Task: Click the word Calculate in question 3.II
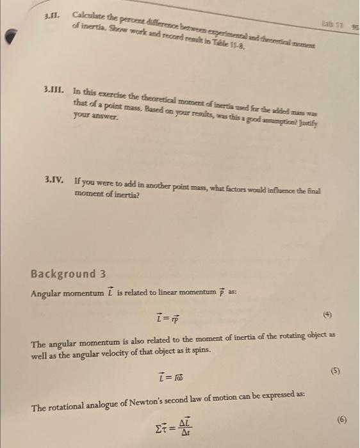[x=89, y=16]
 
